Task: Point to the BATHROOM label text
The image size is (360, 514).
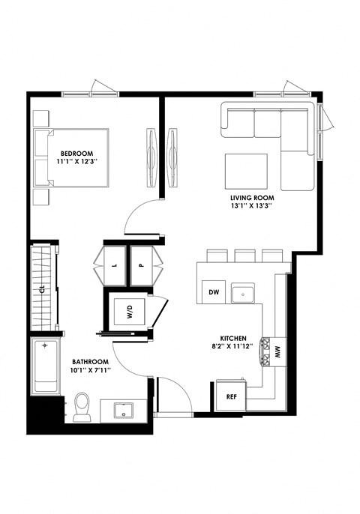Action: point(90,362)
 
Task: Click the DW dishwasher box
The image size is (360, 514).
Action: point(213,292)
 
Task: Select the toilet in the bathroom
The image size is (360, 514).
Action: point(82,406)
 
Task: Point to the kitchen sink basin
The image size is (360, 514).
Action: point(243,292)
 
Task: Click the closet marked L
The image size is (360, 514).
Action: point(113,265)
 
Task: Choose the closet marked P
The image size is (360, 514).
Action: point(141,265)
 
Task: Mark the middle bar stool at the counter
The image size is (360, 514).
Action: point(244,256)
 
